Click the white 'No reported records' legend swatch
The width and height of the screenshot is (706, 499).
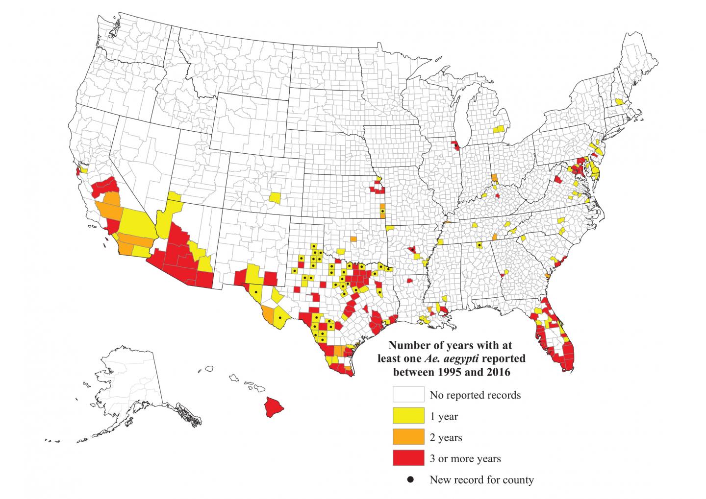tap(408, 394)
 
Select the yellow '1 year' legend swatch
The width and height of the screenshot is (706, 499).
tap(408, 416)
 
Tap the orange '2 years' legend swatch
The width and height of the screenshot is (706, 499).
tap(408, 437)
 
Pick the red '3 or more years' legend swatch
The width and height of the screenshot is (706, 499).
tap(408, 458)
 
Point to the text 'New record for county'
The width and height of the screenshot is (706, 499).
tap(481, 480)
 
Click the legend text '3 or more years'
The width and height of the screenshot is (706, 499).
tap(465, 459)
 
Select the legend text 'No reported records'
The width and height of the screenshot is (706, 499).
tap(475, 395)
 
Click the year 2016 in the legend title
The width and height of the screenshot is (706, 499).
tap(497, 372)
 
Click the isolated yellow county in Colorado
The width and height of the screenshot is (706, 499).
tap(275, 198)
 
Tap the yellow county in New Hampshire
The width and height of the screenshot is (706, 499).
tap(620, 101)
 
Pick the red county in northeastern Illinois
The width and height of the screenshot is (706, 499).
tap(455, 145)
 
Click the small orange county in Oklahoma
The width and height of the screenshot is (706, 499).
tap(353, 238)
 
